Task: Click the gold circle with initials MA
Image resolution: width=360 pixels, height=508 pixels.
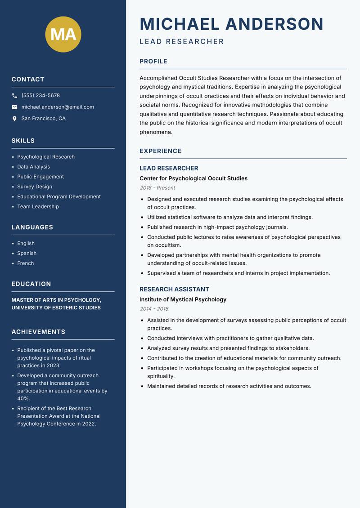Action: click(63, 34)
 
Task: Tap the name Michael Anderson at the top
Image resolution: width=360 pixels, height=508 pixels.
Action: click(231, 24)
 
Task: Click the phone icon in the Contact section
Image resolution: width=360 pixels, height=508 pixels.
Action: click(14, 96)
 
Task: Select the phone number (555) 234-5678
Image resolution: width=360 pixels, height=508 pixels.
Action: click(40, 96)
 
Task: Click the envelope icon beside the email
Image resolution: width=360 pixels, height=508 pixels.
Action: click(14, 107)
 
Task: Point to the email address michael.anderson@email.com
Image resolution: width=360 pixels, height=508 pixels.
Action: click(58, 107)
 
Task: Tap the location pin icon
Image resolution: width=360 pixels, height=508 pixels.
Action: click(14, 119)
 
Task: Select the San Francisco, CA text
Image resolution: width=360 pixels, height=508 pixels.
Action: click(43, 119)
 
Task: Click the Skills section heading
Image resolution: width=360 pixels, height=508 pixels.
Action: click(23, 141)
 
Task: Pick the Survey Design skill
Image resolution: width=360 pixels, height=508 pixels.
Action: click(35, 187)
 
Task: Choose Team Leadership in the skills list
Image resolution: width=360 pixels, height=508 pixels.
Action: click(38, 207)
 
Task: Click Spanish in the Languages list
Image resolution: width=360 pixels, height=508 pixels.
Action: click(27, 254)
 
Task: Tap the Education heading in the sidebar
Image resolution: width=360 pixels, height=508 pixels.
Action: click(31, 284)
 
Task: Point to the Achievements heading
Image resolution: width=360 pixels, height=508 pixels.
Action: click(38, 332)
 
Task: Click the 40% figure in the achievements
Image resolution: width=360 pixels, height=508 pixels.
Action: click(23, 398)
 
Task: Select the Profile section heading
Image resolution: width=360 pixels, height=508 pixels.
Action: click(153, 62)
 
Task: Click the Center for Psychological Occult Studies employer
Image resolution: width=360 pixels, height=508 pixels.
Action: click(193, 178)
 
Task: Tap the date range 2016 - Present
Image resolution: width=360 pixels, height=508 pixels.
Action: click(157, 188)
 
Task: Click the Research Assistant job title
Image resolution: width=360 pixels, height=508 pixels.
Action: click(174, 290)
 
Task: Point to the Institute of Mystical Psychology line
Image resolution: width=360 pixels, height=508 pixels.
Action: click(183, 299)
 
